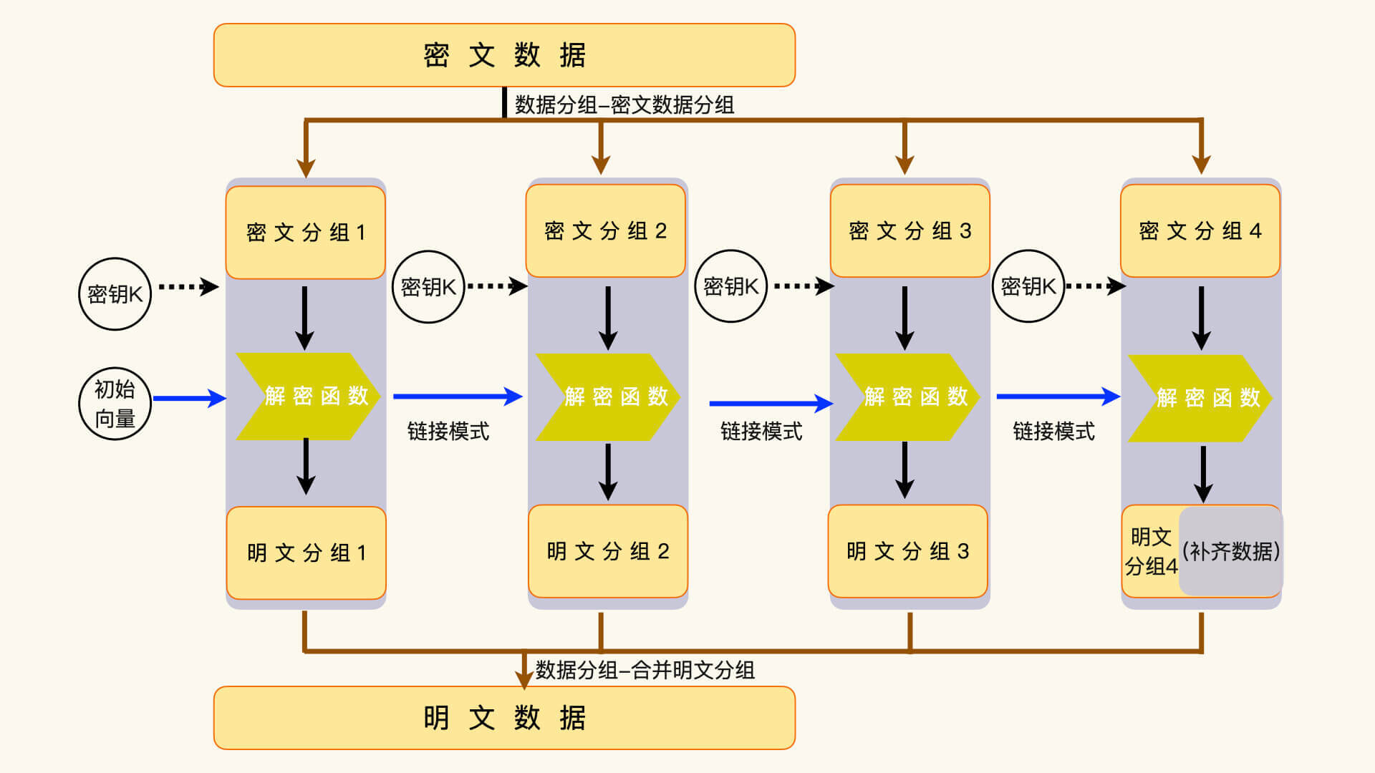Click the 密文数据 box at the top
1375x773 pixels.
[x=504, y=55]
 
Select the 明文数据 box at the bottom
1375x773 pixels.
[x=504, y=718]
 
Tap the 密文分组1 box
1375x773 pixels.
[x=306, y=233]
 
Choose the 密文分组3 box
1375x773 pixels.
[x=910, y=230]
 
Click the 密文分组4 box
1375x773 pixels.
[x=1200, y=230]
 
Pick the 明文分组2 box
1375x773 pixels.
[x=608, y=551]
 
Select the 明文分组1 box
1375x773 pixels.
[x=307, y=553]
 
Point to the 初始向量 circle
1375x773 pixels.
[x=115, y=404]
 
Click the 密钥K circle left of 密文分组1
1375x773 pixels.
[x=115, y=294]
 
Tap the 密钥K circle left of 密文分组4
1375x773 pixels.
[x=1028, y=286]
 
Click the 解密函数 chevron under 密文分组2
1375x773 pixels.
[x=609, y=397]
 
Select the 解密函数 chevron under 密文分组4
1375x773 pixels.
[x=1201, y=398]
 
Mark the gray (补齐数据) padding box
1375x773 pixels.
[x=1231, y=551]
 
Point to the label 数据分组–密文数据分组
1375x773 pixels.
[x=624, y=105]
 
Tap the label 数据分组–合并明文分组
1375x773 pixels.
[x=645, y=670]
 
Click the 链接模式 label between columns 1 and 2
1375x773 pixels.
[x=448, y=432]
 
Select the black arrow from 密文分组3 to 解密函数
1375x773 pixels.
[x=904, y=318]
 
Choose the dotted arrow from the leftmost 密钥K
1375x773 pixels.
[x=188, y=287]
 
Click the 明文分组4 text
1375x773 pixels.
[x=1151, y=552]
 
